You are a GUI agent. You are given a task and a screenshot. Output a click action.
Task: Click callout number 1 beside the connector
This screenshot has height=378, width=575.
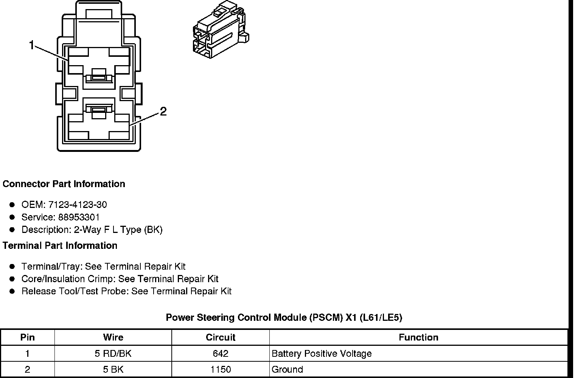[x=32, y=45]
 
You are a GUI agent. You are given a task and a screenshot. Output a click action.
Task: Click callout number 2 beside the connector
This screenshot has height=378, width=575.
[x=163, y=111]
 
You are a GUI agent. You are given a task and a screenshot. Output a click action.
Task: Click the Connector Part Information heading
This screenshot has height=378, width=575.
[x=64, y=184]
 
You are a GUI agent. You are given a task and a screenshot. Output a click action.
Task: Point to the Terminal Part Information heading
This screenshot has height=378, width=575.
[x=60, y=246]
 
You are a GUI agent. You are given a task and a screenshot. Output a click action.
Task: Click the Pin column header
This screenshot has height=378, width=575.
[x=27, y=337]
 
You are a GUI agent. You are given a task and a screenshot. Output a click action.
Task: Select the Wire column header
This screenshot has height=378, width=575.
[x=113, y=337]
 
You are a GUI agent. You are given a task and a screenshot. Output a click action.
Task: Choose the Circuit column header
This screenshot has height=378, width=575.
[x=221, y=337]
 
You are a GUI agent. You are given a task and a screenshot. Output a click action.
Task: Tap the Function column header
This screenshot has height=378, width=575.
[x=418, y=337]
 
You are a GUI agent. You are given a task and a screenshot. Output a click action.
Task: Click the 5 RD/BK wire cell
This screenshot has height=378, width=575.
[x=113, y=354]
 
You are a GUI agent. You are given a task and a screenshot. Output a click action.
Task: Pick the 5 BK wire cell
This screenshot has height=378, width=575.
[x=113, y=370]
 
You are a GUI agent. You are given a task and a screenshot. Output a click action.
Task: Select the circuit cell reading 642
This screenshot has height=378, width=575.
[x=221, y=354]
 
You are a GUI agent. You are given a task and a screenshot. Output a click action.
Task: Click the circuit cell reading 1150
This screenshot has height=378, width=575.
[x=221, y=370]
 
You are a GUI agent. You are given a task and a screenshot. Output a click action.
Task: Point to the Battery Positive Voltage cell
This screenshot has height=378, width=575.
[x=322, y=354]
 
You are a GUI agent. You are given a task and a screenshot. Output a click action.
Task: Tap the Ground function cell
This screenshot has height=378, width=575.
[x=287, y=370]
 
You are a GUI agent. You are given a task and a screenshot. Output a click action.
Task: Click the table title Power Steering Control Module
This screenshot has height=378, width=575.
[x=284, y=318]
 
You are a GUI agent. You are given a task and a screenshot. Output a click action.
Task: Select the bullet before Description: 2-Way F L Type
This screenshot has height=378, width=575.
[x=12, y=230]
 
